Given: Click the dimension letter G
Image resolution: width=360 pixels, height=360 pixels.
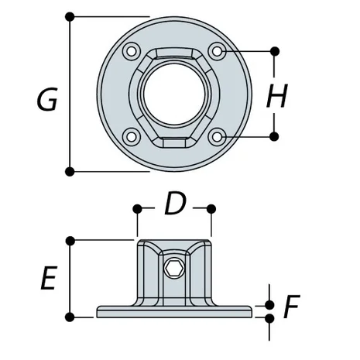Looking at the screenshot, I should click(x=47, y=99).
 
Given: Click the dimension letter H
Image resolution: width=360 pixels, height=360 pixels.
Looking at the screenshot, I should click(x=276, y=96).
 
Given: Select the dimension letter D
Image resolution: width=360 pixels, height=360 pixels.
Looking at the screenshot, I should click(x=175, y=206).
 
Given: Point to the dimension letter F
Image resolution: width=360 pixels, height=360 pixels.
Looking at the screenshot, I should click(x=290, y=308).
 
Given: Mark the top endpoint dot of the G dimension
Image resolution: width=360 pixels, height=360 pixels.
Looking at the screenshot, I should click(x=70, y=16).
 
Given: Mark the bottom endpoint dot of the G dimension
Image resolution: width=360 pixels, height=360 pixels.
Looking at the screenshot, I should click(x=70, y=170).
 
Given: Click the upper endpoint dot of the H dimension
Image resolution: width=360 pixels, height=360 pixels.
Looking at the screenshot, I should click(x=275, y=52).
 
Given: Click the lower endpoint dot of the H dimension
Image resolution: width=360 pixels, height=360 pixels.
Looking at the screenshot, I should click(x=275, y=136).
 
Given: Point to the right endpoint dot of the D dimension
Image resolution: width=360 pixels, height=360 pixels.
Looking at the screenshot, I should click(x=211, y=208).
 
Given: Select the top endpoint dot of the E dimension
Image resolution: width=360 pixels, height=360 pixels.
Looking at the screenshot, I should click(x=70, y=241).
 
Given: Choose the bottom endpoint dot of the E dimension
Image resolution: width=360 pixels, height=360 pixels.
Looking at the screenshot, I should click(x=70, y=316).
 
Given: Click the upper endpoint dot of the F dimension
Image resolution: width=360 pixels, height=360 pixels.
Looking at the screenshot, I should click(x=269, y=305).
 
